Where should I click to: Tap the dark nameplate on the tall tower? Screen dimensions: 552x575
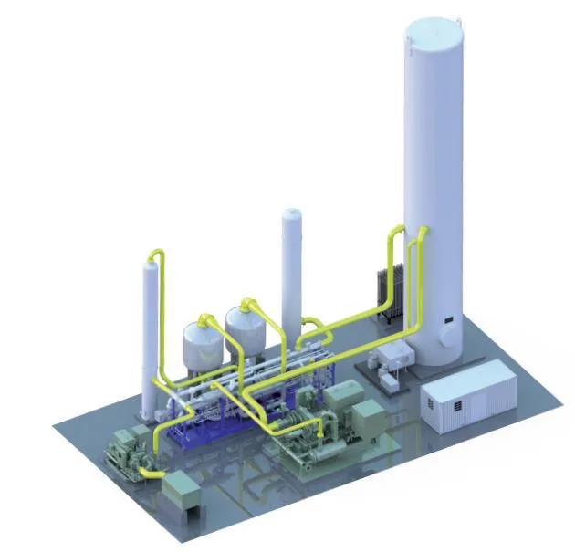[x=447, y=318]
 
